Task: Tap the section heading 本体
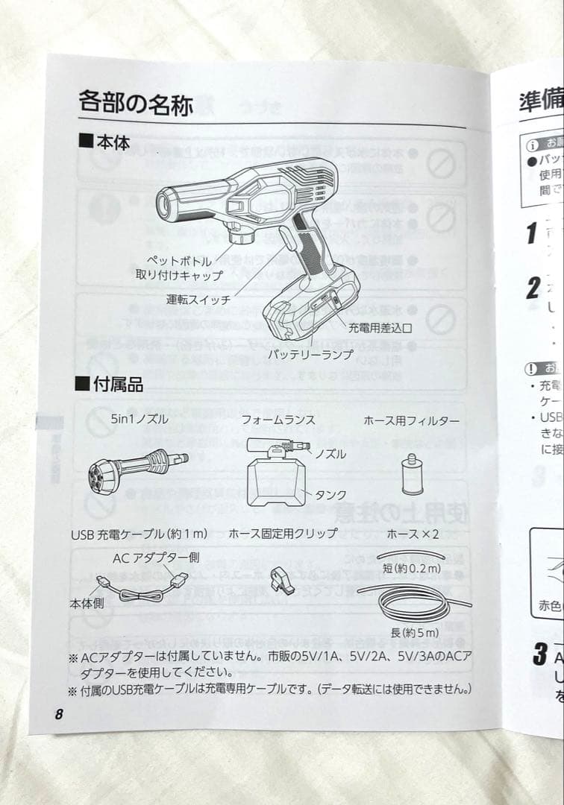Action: tap(104, 142)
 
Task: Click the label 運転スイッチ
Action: tap(198, 300)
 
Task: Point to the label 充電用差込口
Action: tap(380, 327)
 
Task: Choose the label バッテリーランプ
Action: tap(310, 355)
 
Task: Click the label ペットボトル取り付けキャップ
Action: tap(184, 268)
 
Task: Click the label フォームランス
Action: tap(278, 420)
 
